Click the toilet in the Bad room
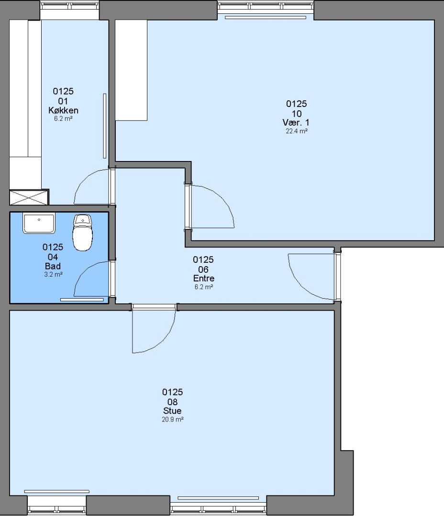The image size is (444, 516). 82,232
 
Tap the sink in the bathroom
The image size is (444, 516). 39,223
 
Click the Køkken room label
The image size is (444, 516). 63,110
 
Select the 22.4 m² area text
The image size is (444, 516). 297,131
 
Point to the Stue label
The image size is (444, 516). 172,411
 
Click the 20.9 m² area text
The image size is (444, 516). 172,419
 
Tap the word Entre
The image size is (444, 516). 204,279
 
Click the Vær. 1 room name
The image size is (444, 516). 296,122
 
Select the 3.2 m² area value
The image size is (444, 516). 54,274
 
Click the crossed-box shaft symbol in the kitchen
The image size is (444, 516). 29,197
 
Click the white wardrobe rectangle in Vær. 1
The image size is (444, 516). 131,70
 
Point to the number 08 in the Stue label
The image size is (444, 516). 172,402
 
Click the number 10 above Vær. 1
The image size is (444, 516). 297,114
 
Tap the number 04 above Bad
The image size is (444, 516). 53,257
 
